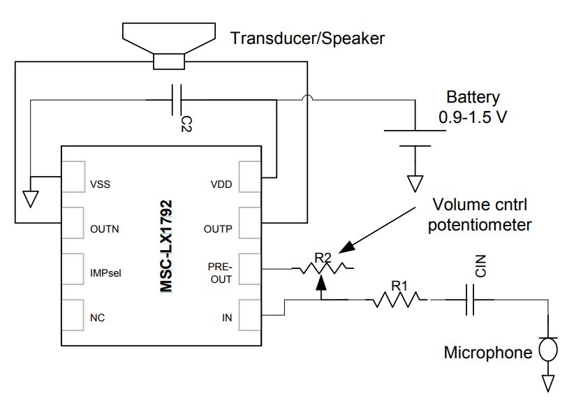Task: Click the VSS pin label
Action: click(x=100, y=184)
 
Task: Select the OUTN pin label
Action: click(x=105, y=229)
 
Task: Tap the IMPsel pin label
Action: click(x=105, y=273)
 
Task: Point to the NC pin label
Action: click(x=97, y=318)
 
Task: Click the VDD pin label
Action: click(x=221, y=184)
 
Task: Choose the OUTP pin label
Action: click(x=218, y=229)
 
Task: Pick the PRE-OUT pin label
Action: click(x=220, y=273)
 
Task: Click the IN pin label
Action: click(x=227, y=318)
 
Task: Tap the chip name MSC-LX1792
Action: click(x=166, y=246)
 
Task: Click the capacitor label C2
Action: click(x=186, y=124)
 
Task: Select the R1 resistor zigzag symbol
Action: click(x=397, y=300)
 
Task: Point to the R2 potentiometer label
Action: click(x=323, y=258)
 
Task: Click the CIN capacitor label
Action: click(x=480, y=266)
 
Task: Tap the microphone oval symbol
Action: click(x=548, y=349)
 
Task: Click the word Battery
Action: click(x=473, y=97)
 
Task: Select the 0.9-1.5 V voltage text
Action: click(x=473, y=117)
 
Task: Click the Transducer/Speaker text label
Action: click(x=308, y=38)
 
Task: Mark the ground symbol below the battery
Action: click(x=415, y=184)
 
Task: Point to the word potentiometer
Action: click(x=480, y=225)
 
